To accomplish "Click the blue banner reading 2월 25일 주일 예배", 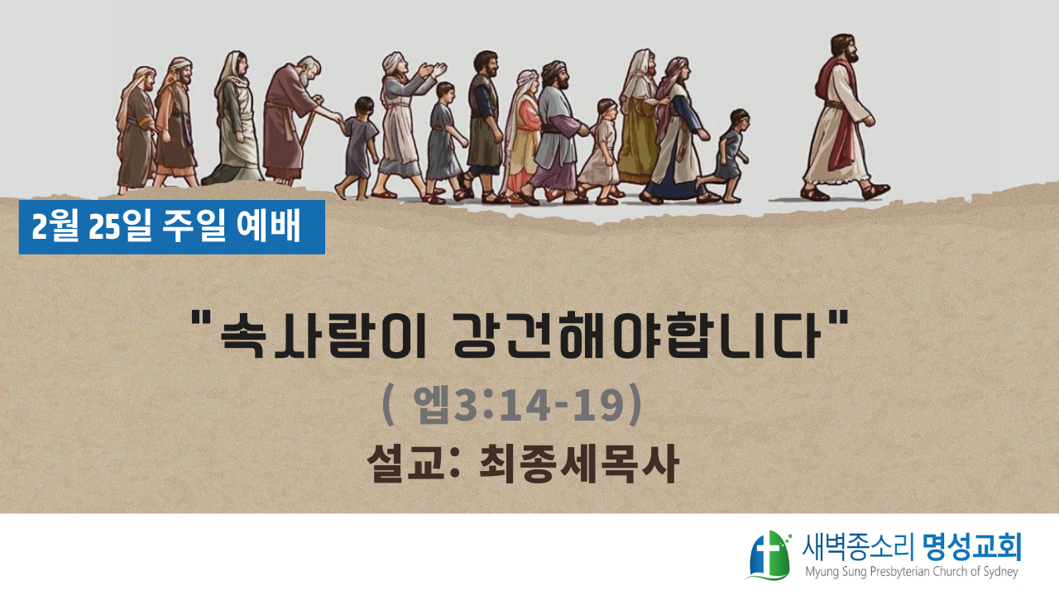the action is [x=171, y=227].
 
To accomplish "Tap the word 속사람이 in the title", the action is [x=323, y=334].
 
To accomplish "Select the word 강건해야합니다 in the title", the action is [x=636, y=334].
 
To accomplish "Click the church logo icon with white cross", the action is [x=769, y=555].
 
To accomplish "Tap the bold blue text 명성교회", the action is [x=972, y=547].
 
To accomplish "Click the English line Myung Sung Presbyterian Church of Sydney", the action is [x=912, y=572].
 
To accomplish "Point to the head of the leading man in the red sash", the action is [x=844, y=49].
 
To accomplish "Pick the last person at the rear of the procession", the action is [x=137, y=130].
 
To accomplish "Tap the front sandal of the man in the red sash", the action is [x=875, y=191].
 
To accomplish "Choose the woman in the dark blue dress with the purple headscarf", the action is [x=677, y=130].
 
